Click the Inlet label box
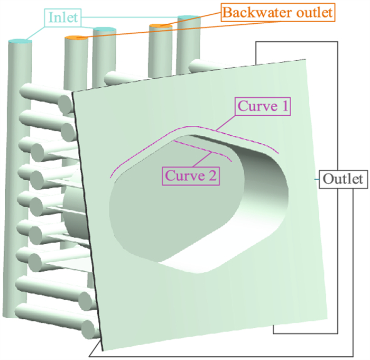[x=63, y=18]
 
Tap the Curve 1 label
[x=263, y=106]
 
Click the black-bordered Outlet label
[x=343, y=179]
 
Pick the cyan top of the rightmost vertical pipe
[x=188, y=19]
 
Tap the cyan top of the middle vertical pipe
[x=104, y=30]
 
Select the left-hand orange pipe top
[x=75, y=38]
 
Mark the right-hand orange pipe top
[x=159, y=25]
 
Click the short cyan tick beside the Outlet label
[x=317, y=179]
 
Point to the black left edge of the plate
[x=85, y=211]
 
